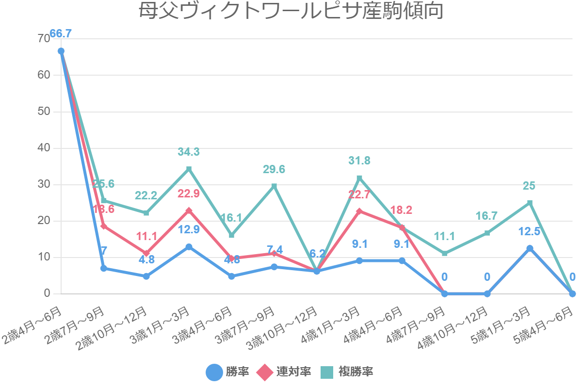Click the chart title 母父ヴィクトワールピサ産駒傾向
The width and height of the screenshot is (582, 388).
(291, 11)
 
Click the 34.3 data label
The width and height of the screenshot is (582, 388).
(189, 152)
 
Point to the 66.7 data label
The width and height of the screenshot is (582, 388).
(61, 33)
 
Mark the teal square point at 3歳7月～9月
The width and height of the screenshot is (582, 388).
(274, 186)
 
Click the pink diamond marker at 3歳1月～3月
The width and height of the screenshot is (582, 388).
(189, 210)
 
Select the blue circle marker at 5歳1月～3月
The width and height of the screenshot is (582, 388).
(530, 248)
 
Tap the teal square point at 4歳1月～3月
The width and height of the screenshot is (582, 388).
(359, 178)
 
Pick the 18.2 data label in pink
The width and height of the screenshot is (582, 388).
(402, 210)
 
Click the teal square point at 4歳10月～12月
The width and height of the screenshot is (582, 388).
(487, 233)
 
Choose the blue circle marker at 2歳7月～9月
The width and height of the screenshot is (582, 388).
(104, 268)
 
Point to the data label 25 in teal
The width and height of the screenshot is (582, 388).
(529, 186)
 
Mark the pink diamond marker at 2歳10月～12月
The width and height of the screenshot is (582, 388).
(146, 253)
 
